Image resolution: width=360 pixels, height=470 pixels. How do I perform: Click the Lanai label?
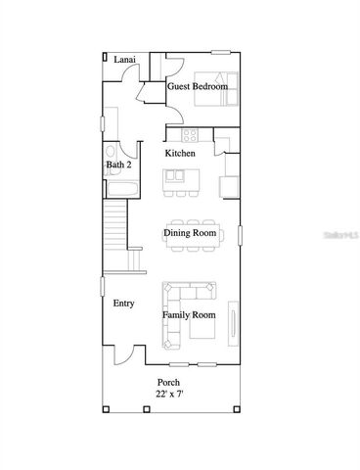(x=124, y=61)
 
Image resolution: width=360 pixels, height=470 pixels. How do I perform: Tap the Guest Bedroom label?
(x=198, y=87)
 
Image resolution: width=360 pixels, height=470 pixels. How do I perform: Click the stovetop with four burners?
(x=188, y=137)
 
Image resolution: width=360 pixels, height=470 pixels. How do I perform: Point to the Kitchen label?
(x=179, y=154)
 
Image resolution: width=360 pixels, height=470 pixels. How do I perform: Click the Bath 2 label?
(x=119, y=165)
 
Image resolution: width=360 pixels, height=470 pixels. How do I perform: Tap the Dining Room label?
(x=190, y=232)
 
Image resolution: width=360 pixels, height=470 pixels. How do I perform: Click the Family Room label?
(x=190, y=315)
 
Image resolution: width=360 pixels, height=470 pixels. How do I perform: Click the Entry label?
(x=123, y=304)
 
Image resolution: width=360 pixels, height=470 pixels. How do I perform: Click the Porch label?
(x=169, y=382)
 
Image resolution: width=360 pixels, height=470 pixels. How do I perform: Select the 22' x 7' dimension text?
(x=169, y=394)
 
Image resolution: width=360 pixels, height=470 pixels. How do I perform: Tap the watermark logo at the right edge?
(x=345, y=235)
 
